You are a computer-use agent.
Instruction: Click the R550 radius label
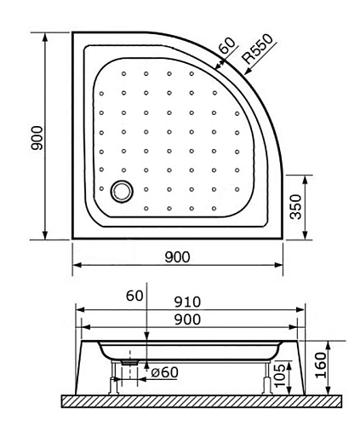[258, 49]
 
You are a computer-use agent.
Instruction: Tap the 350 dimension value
[296, 207]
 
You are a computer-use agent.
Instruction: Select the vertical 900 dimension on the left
[37, 138]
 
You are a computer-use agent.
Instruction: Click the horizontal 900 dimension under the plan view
[177, 257]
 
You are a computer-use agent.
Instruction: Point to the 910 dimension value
[187, 302]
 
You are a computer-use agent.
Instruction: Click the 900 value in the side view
[187, 319]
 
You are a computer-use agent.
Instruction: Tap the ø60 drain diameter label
[165, 372]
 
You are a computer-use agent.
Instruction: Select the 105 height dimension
[280, 376]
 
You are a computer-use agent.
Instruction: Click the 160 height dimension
[321, 365]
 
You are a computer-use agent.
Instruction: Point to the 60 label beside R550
[227, 45]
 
